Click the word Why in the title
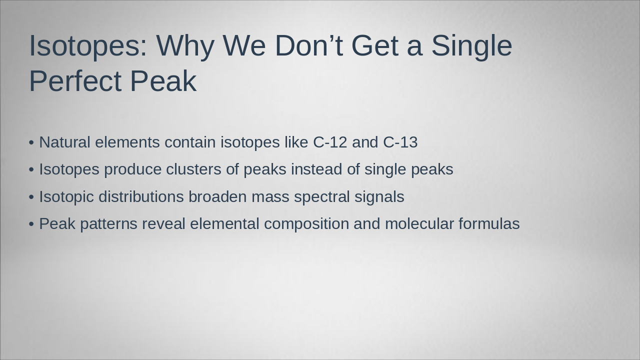click(x=185, y=45)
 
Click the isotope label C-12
click(x=329, y=142)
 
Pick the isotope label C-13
click(x=400, y=142)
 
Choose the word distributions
click(x=141, y=197)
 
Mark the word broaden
click(x=217, y=197)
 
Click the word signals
click(x=379, y=197)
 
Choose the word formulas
click(x=489, y=224)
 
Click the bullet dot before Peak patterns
click(x=31, y=224)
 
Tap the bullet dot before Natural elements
click(x=31, y=143)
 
